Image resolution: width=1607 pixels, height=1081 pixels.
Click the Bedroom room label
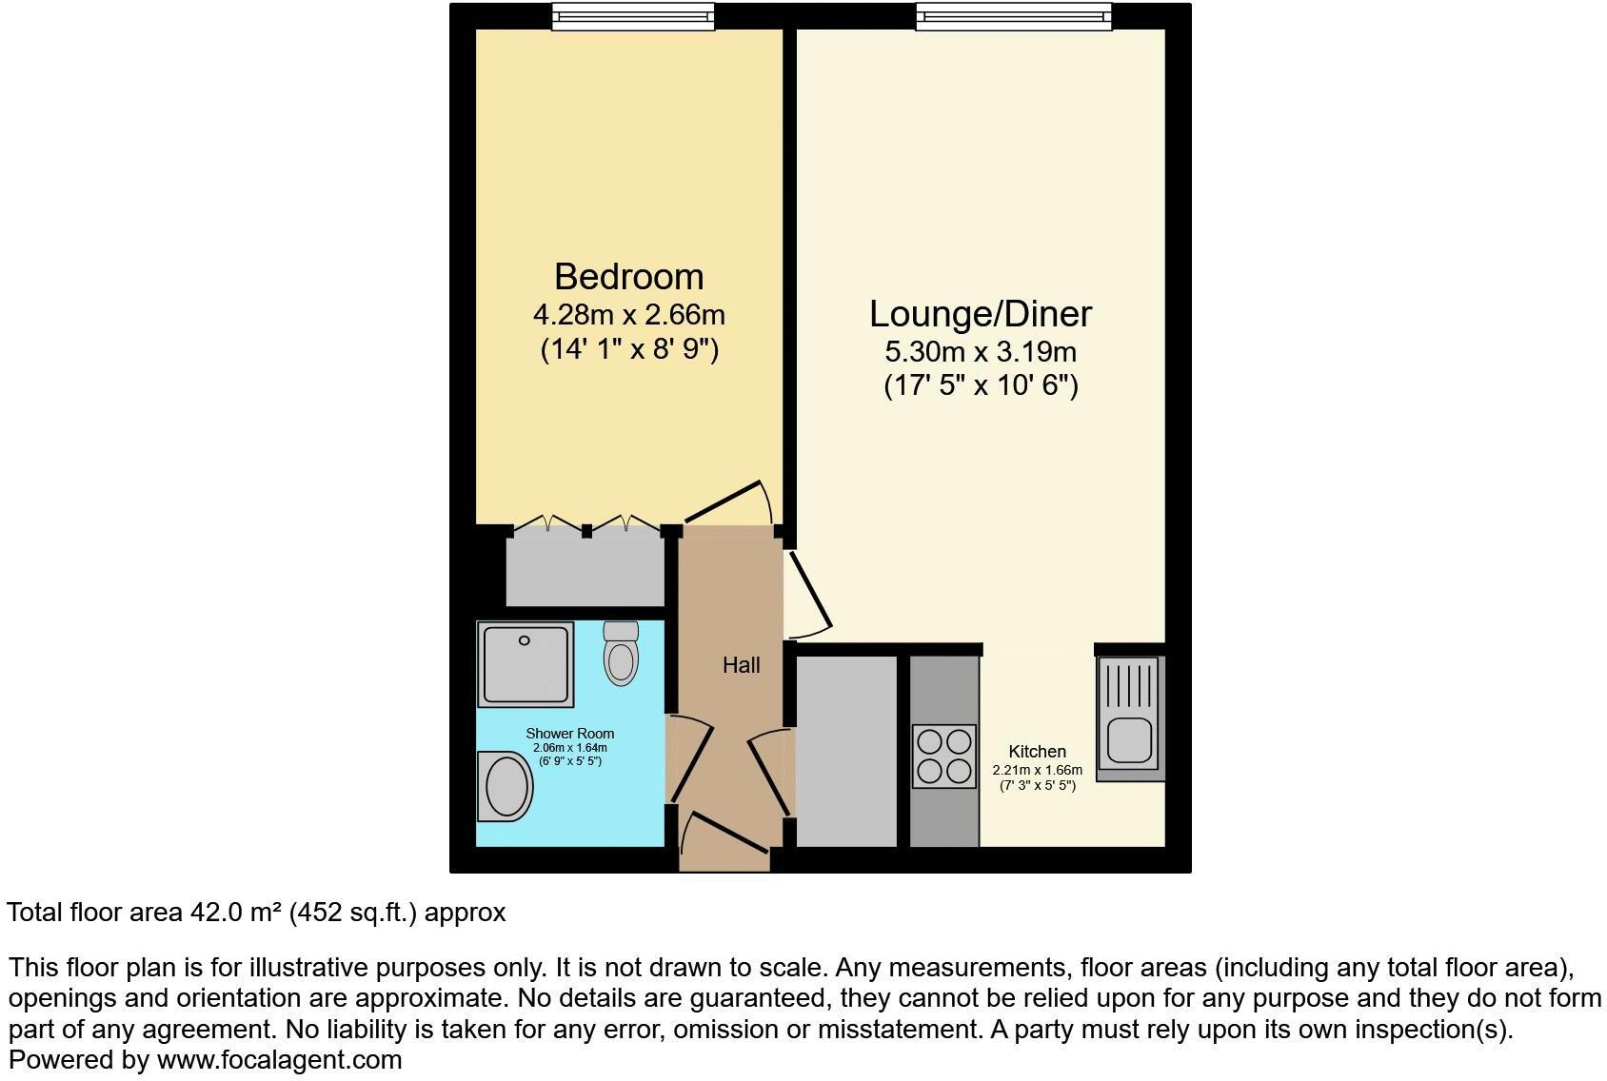click(628, 277)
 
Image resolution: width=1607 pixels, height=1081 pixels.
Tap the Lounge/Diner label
click(980, 314)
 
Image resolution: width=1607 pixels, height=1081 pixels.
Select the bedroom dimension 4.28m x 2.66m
click(628, 314)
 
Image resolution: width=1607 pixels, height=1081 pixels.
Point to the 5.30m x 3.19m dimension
click(980, 352)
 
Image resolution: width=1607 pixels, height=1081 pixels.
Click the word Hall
click(741, 665)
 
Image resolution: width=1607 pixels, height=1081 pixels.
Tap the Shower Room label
click(569, 734)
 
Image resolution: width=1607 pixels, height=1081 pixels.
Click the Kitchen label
click(1037, 752)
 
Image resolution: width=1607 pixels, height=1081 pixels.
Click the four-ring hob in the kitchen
click(943, 757)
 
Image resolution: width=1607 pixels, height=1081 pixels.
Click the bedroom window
click(633, 15)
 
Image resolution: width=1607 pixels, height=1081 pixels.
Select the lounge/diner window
click(1014, 15)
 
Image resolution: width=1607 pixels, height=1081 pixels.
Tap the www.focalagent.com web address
click(279, 1060)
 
